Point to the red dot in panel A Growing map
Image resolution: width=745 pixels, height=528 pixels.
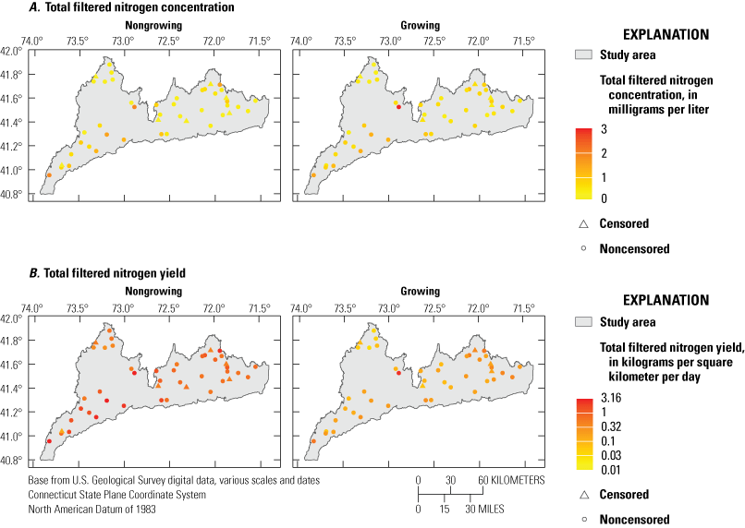pos(398,107)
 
